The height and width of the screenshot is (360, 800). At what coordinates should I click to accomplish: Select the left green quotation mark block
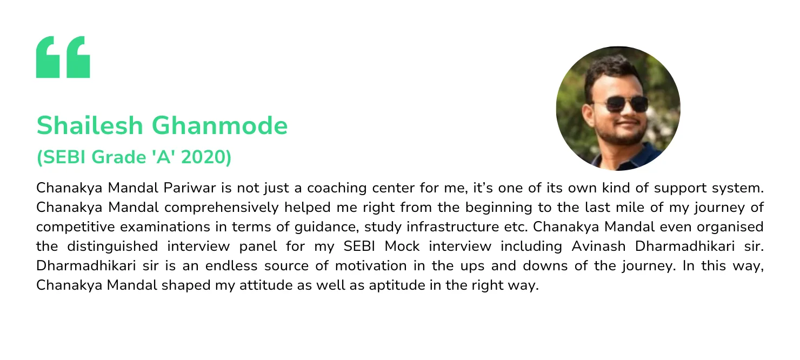tap(48, 57)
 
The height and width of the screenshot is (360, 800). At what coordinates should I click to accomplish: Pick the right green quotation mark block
tap(77, 57)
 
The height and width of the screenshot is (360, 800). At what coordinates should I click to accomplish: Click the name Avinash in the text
tap(595, 246)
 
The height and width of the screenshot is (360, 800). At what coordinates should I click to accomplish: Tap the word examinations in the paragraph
tap(136, 227)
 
